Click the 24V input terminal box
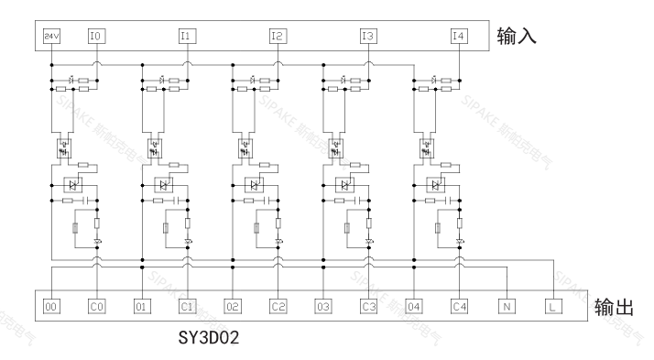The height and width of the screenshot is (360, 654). click(51, 37)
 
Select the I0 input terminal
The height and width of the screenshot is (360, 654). click(96, 37)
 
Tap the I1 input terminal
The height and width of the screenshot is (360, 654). click(187, 37)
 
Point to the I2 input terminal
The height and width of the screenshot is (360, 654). click(278, 37)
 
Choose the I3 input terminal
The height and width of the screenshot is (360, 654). click(368, 37)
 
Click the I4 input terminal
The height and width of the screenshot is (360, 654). click(459, 37)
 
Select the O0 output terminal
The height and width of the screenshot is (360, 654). click(51, 307)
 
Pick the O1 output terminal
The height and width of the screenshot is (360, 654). click(142, 307)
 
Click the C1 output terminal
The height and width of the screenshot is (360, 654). click(187, 307)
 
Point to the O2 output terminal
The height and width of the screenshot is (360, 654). click(233, 307)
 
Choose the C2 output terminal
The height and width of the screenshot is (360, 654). click(278, 307)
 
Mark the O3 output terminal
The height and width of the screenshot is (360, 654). click(323, 307)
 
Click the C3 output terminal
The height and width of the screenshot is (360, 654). click(368, 307)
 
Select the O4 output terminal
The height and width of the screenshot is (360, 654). click(414, 307)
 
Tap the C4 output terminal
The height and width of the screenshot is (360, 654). click(459, 307)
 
